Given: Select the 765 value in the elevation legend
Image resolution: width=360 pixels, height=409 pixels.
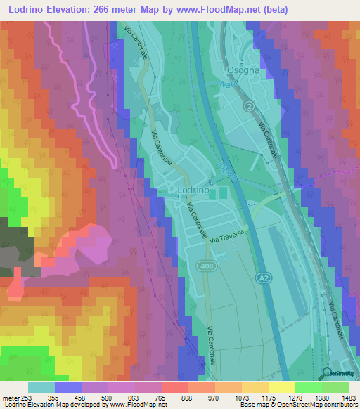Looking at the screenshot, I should pyautogui.click(x=160, y=398).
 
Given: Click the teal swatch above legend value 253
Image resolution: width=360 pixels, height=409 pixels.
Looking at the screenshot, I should pyautogui.click(x=41, y=387).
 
